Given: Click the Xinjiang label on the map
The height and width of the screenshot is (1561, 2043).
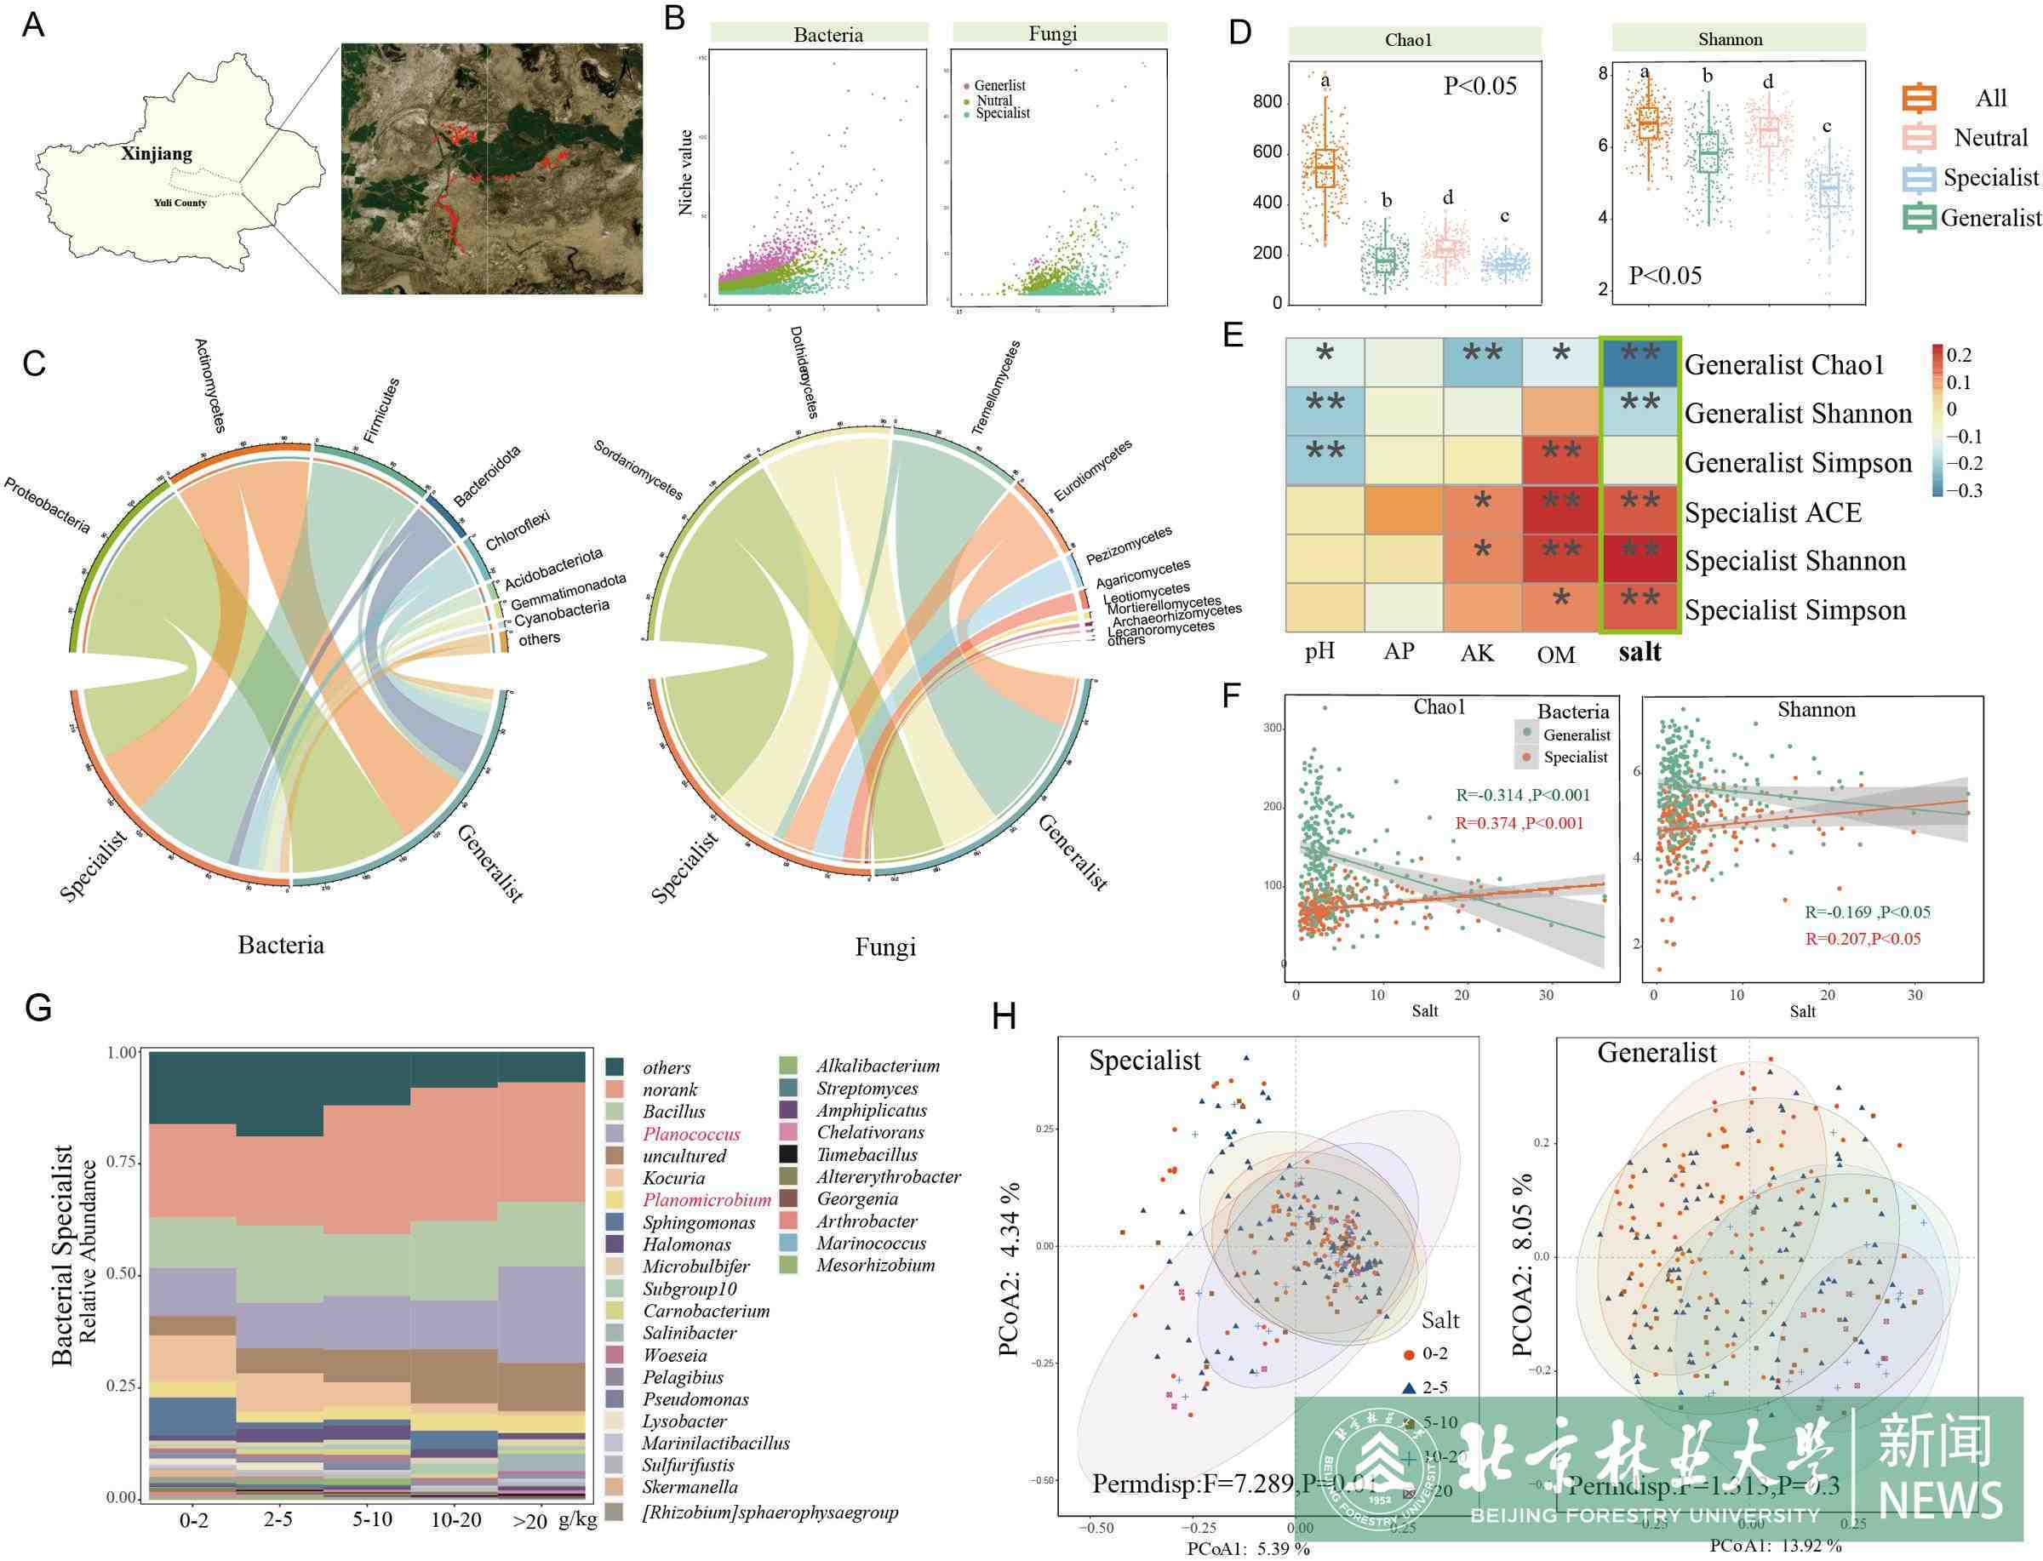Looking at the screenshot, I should [x=156, y=154].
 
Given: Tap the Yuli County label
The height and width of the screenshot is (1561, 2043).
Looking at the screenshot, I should [x=180, y=203].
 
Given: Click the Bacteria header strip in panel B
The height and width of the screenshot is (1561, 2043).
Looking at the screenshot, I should [x=827, y=35].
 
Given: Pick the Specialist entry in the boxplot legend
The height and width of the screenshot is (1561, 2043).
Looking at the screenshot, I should [x=1990, y=178].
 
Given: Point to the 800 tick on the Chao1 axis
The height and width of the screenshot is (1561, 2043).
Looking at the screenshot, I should [x=1267, y=101].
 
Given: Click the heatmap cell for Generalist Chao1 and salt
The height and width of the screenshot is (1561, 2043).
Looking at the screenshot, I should [x=1640, y=363].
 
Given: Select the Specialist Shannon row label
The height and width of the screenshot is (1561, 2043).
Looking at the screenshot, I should [x=1795, y=561].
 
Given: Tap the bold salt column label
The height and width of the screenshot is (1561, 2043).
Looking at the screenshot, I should [x=1640, y=652].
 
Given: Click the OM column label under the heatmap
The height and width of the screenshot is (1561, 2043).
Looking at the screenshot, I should [x=1556, y=655].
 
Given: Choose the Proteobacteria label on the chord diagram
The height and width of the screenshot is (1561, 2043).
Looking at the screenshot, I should [x=49, y=506].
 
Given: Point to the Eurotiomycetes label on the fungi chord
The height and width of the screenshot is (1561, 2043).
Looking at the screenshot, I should [x=1094, y=470].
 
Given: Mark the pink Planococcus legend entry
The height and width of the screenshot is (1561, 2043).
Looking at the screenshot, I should [x=691, y=1135].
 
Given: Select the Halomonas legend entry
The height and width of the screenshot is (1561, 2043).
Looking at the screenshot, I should [x=687, y=1245].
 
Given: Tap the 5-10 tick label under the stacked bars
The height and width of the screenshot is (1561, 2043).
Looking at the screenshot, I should [x=372, y=1518].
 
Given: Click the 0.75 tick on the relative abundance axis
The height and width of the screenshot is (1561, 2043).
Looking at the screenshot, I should [x=123, y=1164].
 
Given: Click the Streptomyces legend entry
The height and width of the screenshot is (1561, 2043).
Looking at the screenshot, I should [x=867, y=1089].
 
